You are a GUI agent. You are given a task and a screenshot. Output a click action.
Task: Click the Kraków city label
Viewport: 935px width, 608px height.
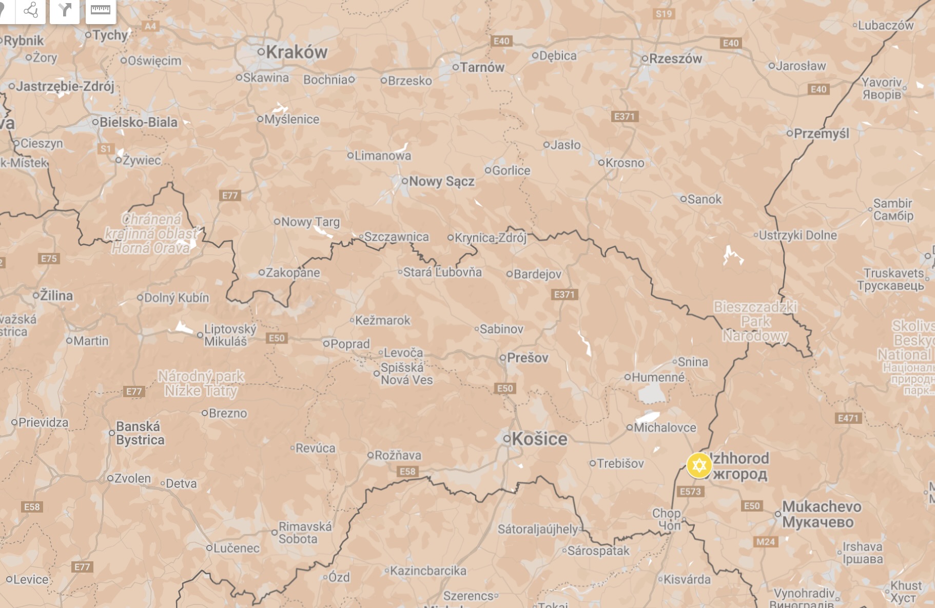pyautogui.click(x=296, y=52)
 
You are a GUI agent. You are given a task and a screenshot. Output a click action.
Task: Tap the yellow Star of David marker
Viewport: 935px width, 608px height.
pyautogui.click(x=698, y=465)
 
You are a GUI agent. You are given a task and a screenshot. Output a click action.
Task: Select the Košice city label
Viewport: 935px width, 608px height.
pyautogui.click(x=539, y=439)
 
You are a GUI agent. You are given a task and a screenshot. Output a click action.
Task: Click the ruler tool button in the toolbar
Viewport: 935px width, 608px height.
pyautogui.click(x=101, y=10)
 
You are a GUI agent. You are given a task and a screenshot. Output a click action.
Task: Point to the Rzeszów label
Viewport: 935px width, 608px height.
pyautogui.click(x=675, y=58)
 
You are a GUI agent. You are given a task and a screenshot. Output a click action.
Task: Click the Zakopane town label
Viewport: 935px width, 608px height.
pyautogui.click(x=293, y=272)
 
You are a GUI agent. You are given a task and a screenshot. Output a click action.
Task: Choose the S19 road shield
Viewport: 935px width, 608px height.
pyautogui.click(x=664, y=14)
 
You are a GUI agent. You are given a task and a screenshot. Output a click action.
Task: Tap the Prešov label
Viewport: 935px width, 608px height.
pyautogui.click(x=528, y=358)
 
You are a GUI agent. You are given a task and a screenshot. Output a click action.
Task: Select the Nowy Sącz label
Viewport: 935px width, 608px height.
pyautogui.click(x=441, y=181)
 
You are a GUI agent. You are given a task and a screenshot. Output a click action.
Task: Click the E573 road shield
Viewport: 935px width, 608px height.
pyautogui.click(x=690, y=492)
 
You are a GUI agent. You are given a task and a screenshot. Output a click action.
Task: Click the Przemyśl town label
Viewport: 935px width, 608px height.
pyautogui.click(x=821, y=133)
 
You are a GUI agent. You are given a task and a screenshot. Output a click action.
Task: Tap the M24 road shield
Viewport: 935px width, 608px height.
pyautogui.click(x=765, y=542)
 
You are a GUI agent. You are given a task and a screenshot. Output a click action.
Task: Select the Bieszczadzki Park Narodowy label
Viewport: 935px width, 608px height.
pyautogui.click(x=755, y=321)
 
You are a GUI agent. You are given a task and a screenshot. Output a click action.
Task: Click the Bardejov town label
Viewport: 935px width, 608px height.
pyautogui.click(x=537, y=274)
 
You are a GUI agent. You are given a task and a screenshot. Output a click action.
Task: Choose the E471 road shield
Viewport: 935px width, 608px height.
pyautogui.click(x=848, y=418)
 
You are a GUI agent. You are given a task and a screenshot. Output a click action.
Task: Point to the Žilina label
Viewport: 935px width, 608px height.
pyautogui.click(x=56, y=296)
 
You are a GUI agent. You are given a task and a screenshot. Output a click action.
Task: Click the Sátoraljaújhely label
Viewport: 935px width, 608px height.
pyautogui.click(x=538, y=528)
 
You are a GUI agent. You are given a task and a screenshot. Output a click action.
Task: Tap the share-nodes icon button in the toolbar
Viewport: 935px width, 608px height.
pyautogui.click(x=31, y=10)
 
